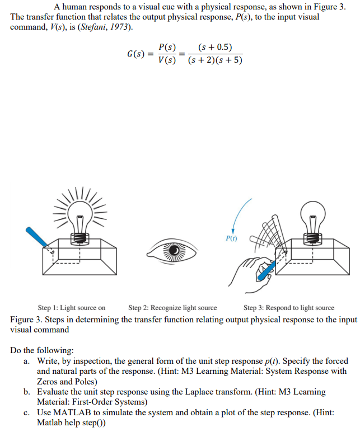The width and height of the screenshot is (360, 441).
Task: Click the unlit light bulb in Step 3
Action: point(312,218)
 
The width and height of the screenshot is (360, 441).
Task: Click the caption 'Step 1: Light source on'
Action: point(71,308)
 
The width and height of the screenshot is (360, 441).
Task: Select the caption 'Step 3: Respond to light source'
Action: point(289,308)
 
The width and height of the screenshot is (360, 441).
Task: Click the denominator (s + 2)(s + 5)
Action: point(216,60)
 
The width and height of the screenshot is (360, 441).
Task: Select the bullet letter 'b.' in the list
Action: point(27,392)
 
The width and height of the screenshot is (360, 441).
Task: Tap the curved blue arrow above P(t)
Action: point(237,213)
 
